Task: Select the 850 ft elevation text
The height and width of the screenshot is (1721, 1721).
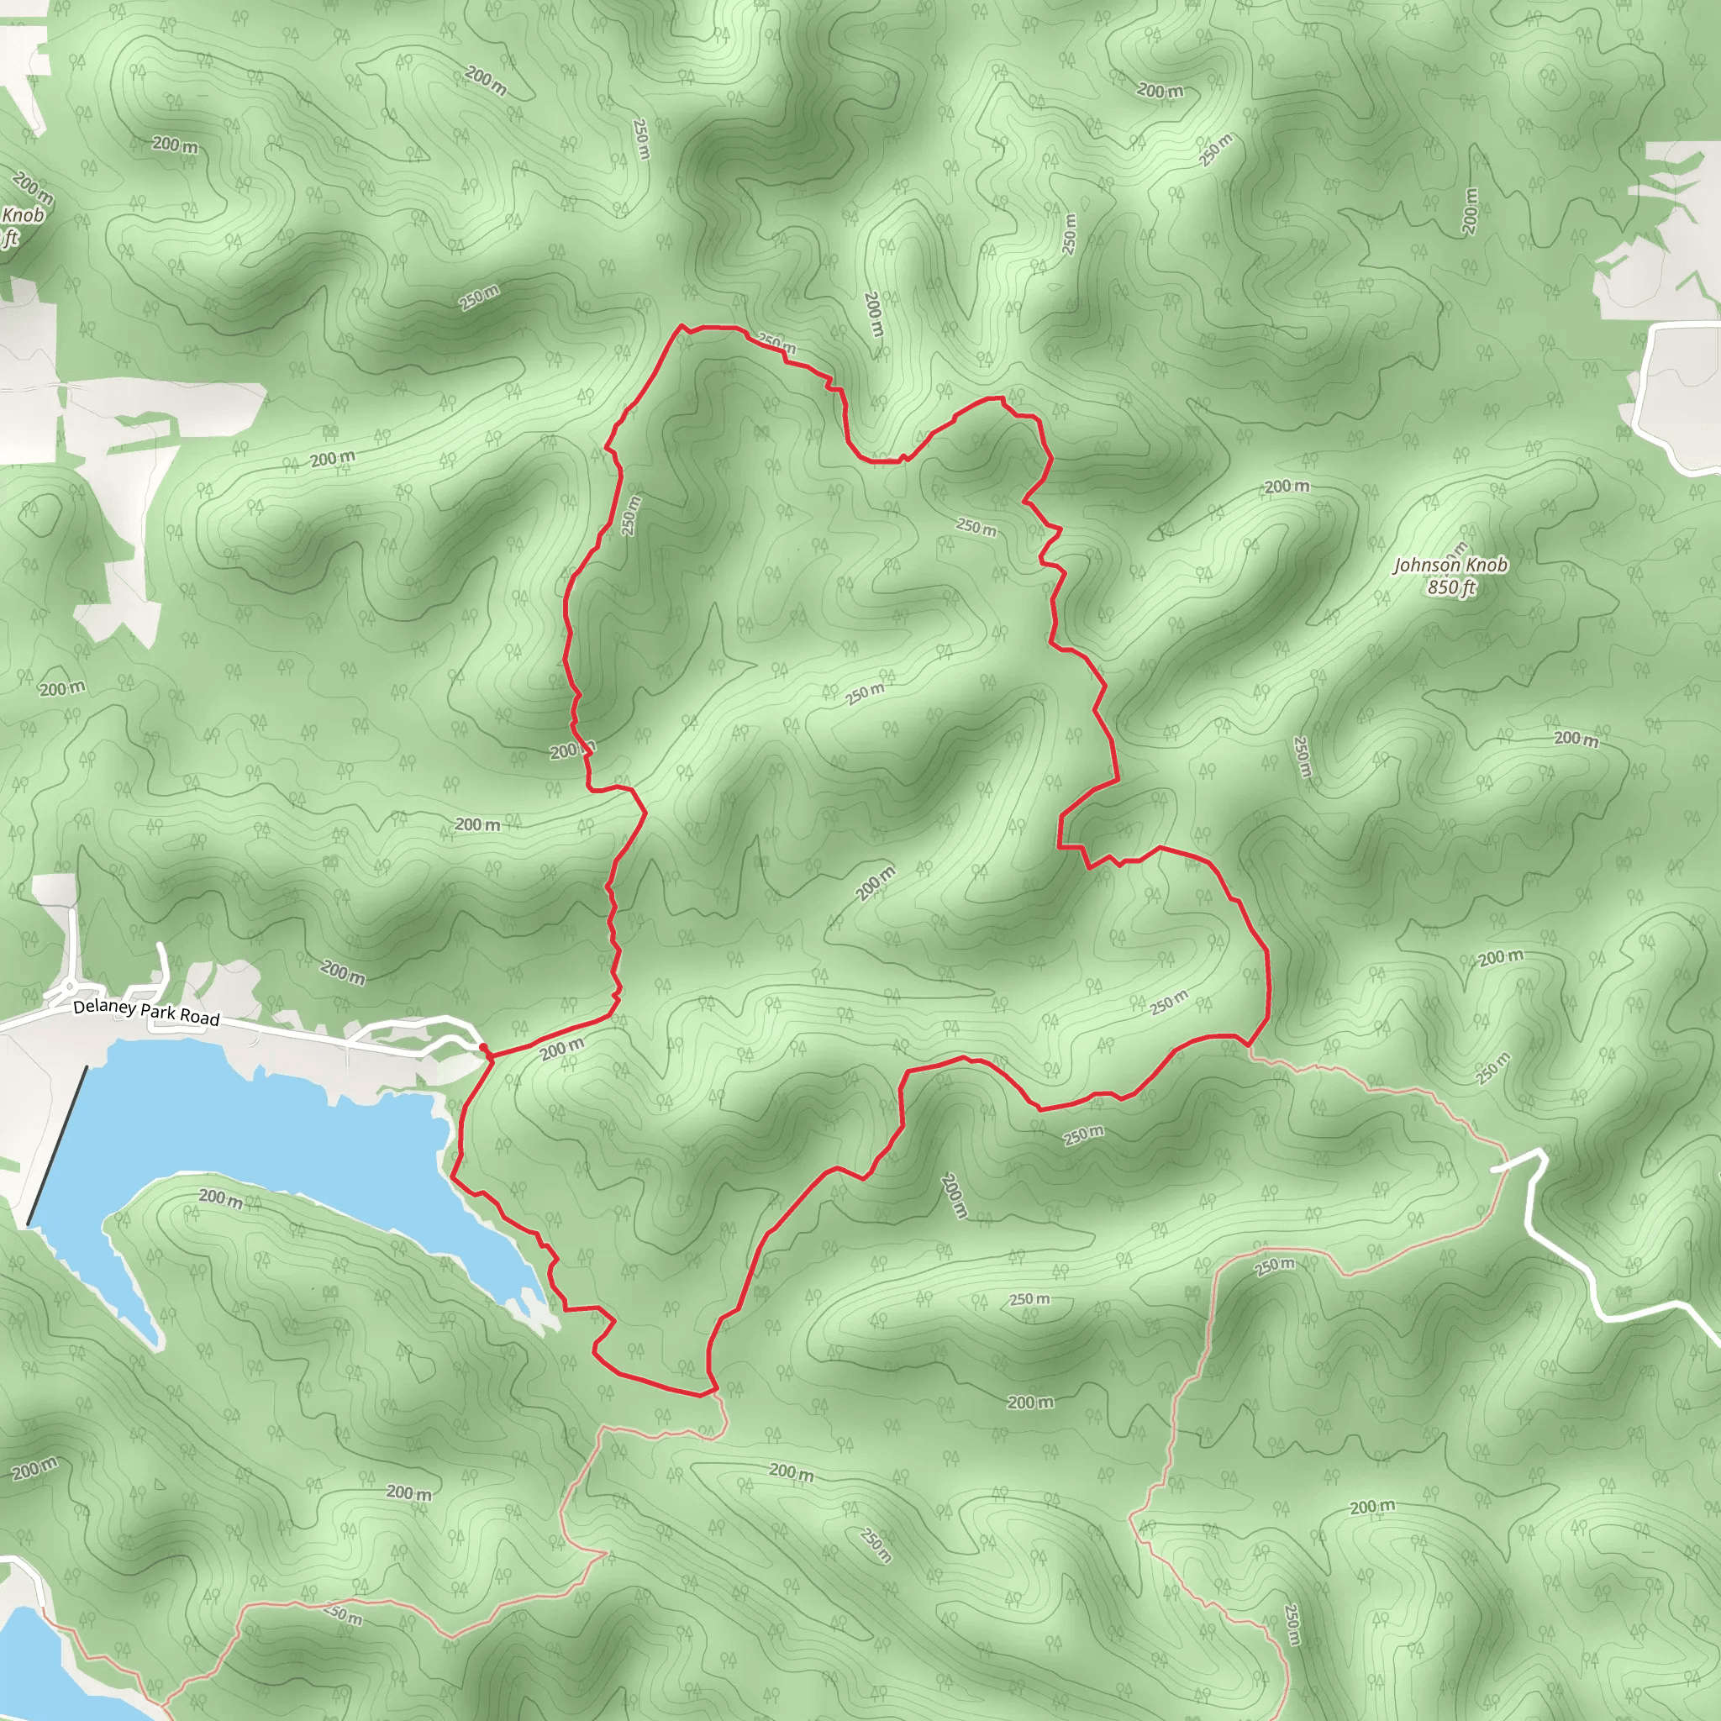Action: point(1451,587)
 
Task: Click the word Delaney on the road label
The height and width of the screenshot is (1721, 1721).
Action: point(104,1008)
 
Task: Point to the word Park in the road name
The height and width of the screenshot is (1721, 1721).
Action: point(159,1013)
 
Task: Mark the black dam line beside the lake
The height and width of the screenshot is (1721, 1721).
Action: point(58,1145)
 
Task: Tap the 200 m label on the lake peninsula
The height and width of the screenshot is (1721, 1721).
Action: point(221,1198)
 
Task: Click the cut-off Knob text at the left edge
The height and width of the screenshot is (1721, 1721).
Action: point(23,216)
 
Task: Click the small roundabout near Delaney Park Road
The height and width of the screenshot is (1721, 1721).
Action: point(70,988)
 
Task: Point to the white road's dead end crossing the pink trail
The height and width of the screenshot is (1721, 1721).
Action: point(1496,1166)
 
